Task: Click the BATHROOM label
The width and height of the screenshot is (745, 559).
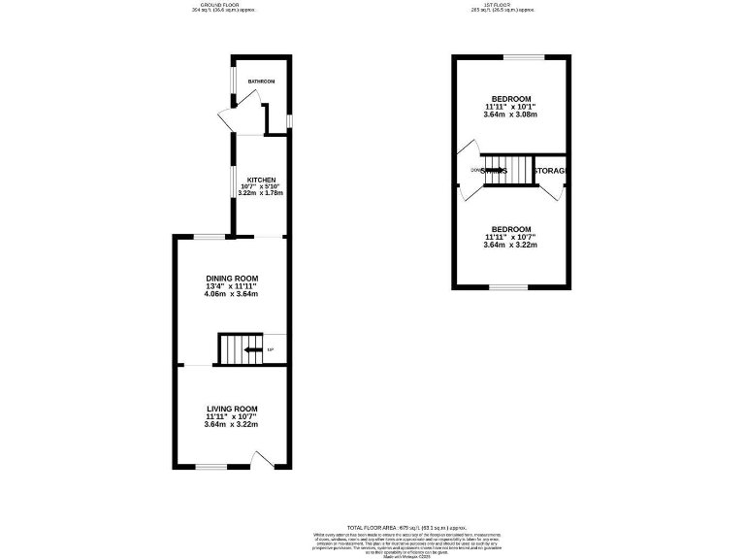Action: (261, 81)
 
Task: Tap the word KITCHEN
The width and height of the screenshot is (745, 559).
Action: (262, 180)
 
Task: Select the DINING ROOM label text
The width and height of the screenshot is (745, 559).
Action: (231, 278)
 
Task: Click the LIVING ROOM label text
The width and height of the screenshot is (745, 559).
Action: (231, 409)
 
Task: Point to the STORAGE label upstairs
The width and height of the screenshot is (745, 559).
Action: (551, 171)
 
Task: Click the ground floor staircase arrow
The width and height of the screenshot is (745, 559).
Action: (252, 349)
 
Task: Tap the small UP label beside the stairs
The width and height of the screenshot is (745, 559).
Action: (271, 349)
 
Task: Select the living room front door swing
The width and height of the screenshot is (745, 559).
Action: (260, 458)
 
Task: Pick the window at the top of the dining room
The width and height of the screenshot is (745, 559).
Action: (206, 236)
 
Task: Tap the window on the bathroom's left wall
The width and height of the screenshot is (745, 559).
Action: (232, 87)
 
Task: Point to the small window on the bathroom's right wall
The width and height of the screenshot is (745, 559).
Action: (290, 120)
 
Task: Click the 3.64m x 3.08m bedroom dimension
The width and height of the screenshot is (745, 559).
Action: (510, 115)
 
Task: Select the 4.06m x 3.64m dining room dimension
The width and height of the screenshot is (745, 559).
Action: (231, 294)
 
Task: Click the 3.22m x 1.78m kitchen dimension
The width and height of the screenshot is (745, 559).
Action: (262, 195)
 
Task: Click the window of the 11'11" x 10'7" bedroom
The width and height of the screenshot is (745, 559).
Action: (508, 288)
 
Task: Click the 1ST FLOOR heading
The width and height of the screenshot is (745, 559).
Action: (502, 5)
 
